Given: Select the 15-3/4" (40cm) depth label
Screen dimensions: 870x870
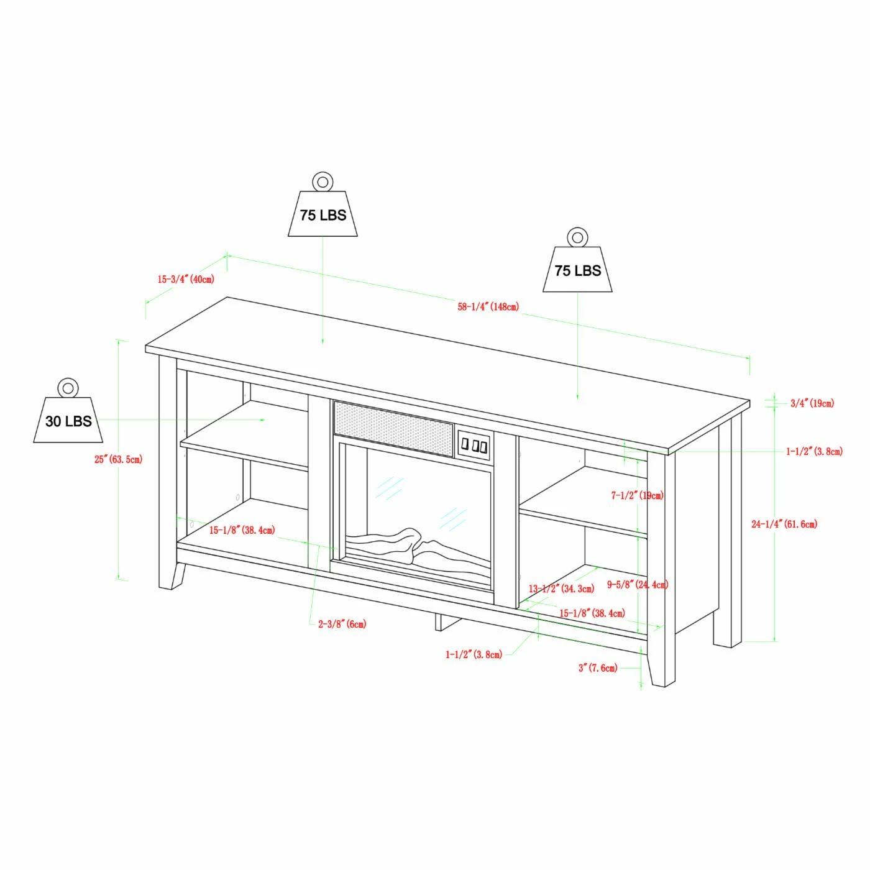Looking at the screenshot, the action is (186, 279).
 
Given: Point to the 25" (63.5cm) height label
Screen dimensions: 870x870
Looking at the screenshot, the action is (118, 459).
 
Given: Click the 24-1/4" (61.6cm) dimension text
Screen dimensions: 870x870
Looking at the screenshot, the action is (784, 524).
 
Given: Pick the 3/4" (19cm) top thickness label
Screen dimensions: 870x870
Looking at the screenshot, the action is (812, 403).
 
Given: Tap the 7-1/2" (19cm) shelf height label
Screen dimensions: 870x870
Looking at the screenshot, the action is (638, 495).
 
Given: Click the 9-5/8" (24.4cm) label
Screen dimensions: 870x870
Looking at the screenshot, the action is (638, 585).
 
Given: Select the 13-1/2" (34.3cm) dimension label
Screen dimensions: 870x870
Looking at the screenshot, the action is (562, 588).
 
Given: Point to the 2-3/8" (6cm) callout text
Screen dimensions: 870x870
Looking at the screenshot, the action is (342, 624).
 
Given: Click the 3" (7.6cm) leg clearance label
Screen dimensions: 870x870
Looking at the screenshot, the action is (598, 668).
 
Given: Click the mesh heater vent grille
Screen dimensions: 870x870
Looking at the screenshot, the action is (393, 429).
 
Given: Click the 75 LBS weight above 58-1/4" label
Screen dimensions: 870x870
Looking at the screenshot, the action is (577, 260).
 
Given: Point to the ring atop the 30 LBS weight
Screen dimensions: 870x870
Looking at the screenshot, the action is (68, 387).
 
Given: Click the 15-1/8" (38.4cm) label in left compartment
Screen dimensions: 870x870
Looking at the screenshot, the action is (242, 530).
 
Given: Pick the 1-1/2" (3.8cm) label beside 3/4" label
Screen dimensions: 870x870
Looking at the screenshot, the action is (815, 452).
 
